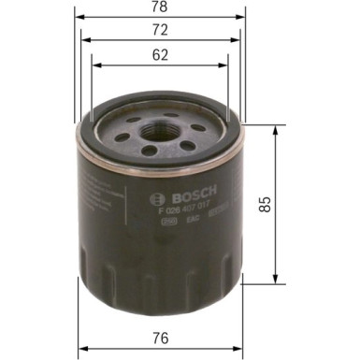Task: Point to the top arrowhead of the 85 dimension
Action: (275, 130)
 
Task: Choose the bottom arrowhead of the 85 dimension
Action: (275, 279)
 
